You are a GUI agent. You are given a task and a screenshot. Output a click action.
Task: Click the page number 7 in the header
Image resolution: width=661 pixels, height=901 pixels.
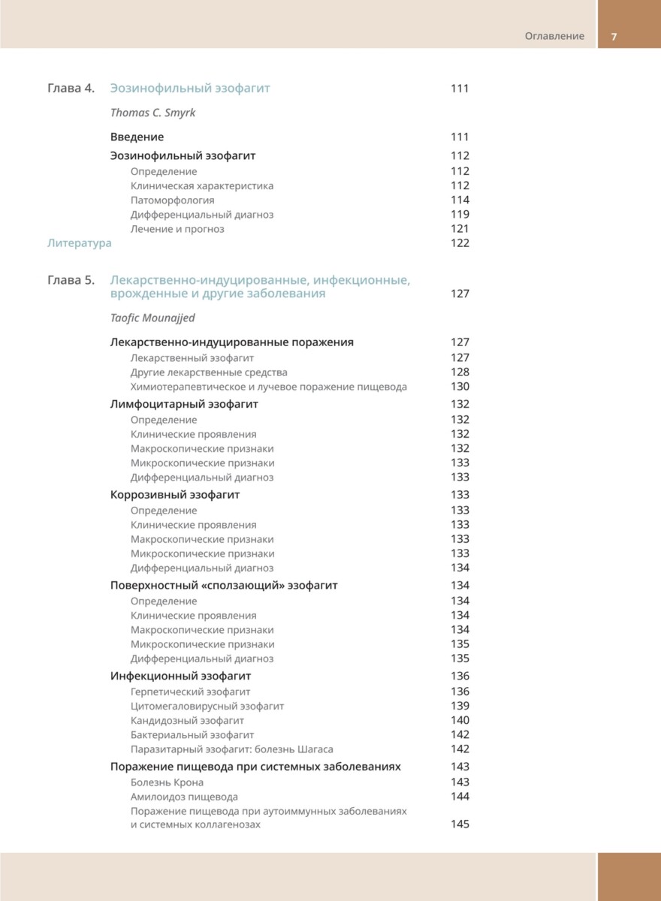(x=614, y=36)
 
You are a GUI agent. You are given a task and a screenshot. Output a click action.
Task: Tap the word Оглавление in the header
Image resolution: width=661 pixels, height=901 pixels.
(x=554, y=36)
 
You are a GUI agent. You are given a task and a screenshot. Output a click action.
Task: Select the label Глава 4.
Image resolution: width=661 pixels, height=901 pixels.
(x=71, y=89)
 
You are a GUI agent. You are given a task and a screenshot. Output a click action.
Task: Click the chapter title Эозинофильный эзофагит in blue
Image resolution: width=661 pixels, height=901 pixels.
(x=190, y=89)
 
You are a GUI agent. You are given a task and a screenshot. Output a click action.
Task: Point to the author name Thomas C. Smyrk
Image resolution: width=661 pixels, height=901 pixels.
(x=152, y=113)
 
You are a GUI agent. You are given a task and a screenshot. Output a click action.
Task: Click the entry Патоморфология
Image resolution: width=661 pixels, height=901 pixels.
(x=172, y=200)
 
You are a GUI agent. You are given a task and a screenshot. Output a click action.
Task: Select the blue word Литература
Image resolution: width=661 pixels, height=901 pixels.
(x=79, y=243)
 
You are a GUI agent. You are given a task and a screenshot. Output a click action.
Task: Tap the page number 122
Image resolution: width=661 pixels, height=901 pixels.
(x=460, y=243)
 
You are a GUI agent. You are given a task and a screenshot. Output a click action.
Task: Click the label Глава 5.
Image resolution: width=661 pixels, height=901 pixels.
(x=71, y=281)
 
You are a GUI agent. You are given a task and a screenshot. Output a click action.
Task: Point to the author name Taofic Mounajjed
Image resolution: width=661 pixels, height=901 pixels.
(x=152, y=318)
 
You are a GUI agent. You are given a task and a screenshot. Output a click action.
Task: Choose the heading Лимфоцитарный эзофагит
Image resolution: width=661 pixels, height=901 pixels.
(x=184, y=404)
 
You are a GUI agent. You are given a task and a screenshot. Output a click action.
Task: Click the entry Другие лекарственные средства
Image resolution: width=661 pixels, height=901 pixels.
(x=209, y=372)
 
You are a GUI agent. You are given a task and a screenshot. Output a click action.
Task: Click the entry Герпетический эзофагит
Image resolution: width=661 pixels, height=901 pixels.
(x=190, y=692)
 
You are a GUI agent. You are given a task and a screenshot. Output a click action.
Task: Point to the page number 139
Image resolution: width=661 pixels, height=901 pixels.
(x=460, y=706)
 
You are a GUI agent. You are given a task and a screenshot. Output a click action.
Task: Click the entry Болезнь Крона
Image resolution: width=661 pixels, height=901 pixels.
(x=167, y=782)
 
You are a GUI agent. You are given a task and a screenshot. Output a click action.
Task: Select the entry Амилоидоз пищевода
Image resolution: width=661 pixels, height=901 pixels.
(x=184, y=797)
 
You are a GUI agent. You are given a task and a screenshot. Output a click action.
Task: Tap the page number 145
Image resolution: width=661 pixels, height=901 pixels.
(x=460, y=824)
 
